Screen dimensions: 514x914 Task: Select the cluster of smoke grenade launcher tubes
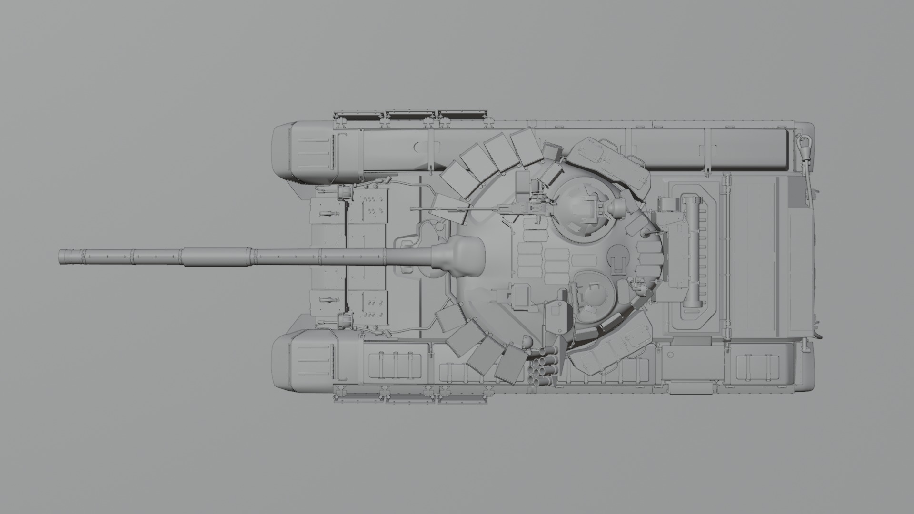point(543,366)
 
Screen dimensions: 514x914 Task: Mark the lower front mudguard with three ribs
point(311,359)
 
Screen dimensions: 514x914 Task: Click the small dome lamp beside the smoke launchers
point(527,341)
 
